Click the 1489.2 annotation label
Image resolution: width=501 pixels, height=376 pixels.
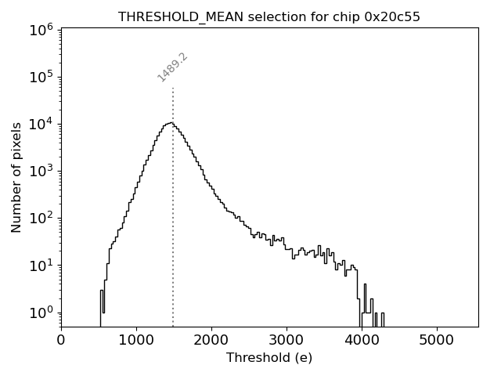pyautogui.click(x=173, y=67)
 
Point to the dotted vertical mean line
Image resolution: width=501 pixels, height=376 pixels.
pyautogui.click(x=173, y=235)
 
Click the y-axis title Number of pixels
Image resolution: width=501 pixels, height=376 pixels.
pyautogui.click(x=16, y=177)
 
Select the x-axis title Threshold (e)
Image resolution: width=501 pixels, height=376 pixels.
pyautogui.click(x=269, y=358)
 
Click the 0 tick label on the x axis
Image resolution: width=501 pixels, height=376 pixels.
pyautogui.click(x=61, y=340)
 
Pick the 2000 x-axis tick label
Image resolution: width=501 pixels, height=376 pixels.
pyautogui.click(x=211, y=340)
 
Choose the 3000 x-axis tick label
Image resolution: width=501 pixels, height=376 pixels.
pyautogui.click(x=287, y=340)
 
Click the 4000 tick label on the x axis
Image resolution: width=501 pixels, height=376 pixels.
pyautogui.click(x=362, y=340)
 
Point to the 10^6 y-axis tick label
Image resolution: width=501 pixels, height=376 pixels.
pyautogui.click(x=41, y=30)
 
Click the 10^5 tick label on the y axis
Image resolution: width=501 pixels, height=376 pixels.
pyautogui.click(x=41, y=77)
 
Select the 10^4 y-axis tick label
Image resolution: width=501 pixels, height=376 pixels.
pyautogui.click(x=41, y=124)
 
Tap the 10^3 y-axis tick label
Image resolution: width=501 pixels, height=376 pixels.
pyautogui.click(x=41, y=171)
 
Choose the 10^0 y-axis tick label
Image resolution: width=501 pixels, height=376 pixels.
pyautogui.click(x=41, y=313)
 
